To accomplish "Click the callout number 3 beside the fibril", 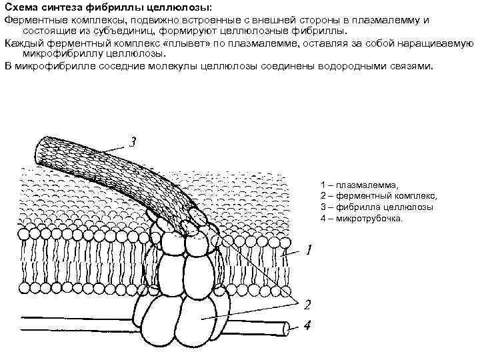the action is (134, 142).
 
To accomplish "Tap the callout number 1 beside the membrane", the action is (309, 251).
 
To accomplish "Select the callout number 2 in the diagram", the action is (307, 306).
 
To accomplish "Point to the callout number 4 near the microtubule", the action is (307, 327).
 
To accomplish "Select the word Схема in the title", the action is (20, 7).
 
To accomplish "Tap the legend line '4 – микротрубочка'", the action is (361, 219).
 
